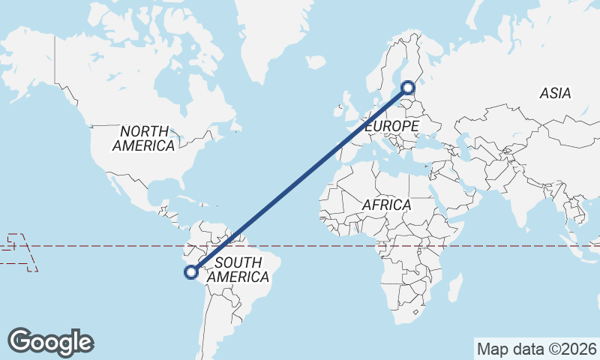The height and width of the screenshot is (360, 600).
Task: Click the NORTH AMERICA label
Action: (143, 138)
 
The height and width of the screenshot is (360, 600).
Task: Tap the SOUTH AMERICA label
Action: (238, 270)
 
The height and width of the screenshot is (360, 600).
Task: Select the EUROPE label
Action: (391, 127)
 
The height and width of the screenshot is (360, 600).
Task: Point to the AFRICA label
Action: (386, 205)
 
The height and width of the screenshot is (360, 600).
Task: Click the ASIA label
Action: (555, 94)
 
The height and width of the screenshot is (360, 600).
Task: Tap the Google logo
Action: (51, 342)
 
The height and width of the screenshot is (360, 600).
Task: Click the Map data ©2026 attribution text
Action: (537, 349)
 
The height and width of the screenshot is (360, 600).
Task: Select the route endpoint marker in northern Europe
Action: (408, 87)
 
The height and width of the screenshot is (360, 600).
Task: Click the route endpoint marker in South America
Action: (191, 273)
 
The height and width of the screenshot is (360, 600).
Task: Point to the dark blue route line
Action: (300, 180)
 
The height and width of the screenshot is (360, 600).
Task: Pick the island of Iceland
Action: (316, 61)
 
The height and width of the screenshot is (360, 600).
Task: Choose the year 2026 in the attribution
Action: (580, 349)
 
